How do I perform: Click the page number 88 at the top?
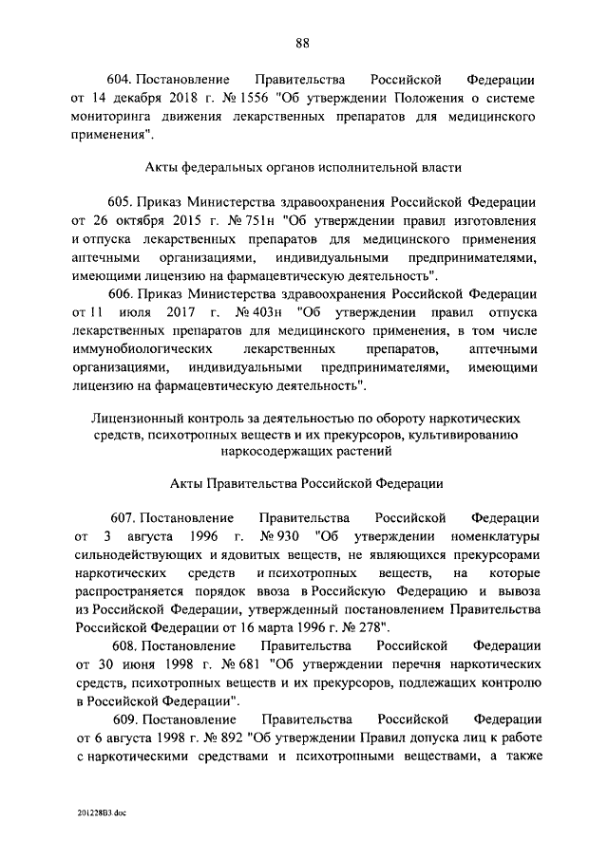click(303, 42)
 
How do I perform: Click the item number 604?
click(122, 79)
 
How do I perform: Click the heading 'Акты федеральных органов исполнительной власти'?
click(303, 168)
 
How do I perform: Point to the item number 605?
click(122, 202)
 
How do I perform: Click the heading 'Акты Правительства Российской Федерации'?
click(303, 483)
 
